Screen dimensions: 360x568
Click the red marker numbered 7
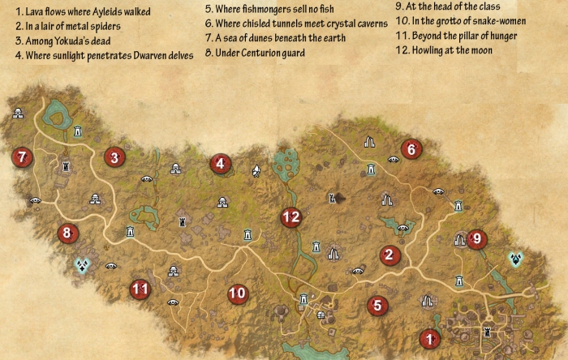click(x=22, y=156)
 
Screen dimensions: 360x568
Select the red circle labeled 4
click(x=219, y=164)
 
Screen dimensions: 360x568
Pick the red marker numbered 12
click(x=290, y=216)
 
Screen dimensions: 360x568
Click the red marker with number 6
click(x=411, y=148)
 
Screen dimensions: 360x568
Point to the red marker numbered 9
click(x=476, y=238)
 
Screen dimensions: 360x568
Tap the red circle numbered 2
click(x=390, y=255)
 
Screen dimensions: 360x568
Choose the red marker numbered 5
click(x=377, y=306)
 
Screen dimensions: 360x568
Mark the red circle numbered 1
click(x=429, y=338)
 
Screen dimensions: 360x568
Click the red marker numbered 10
click(x=237, y=294)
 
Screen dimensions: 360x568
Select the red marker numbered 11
click(x=140, y=288)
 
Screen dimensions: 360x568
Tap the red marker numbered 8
click(x=67, y=234)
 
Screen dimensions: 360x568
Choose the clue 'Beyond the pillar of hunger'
click(x=454, y=36)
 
